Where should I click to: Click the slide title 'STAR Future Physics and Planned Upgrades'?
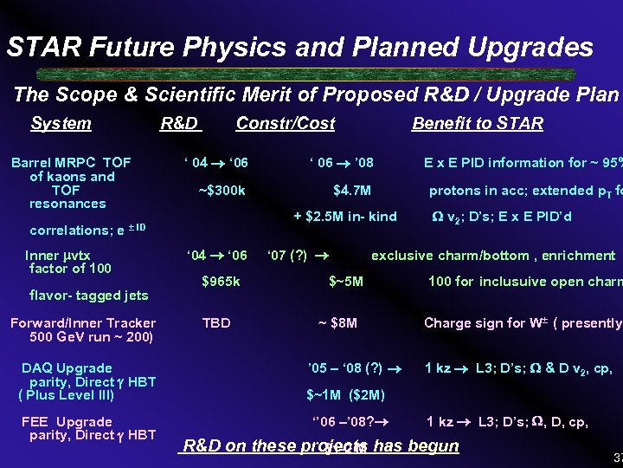pos(300,47)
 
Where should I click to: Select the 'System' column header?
pos(61,124)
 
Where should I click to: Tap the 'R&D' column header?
pos(180,124)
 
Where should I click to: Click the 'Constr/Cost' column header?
pos(286,124)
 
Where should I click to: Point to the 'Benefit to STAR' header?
pos(478,124)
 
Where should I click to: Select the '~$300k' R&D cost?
pos(222,191)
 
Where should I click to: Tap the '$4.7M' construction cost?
pos(352,191)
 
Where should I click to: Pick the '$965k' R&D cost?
pos(221,281)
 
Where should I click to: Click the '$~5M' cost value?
pos(347,281)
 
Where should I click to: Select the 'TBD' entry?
pos(216,323)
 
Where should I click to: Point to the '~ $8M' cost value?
pos(337,323)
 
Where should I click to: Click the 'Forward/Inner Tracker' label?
pos(83,323)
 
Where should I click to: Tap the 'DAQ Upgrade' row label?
pos(67,368)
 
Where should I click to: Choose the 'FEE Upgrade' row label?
pos(67,422)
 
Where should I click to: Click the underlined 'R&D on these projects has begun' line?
pos(320,446)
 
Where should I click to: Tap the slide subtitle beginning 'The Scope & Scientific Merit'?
pos(316,94)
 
